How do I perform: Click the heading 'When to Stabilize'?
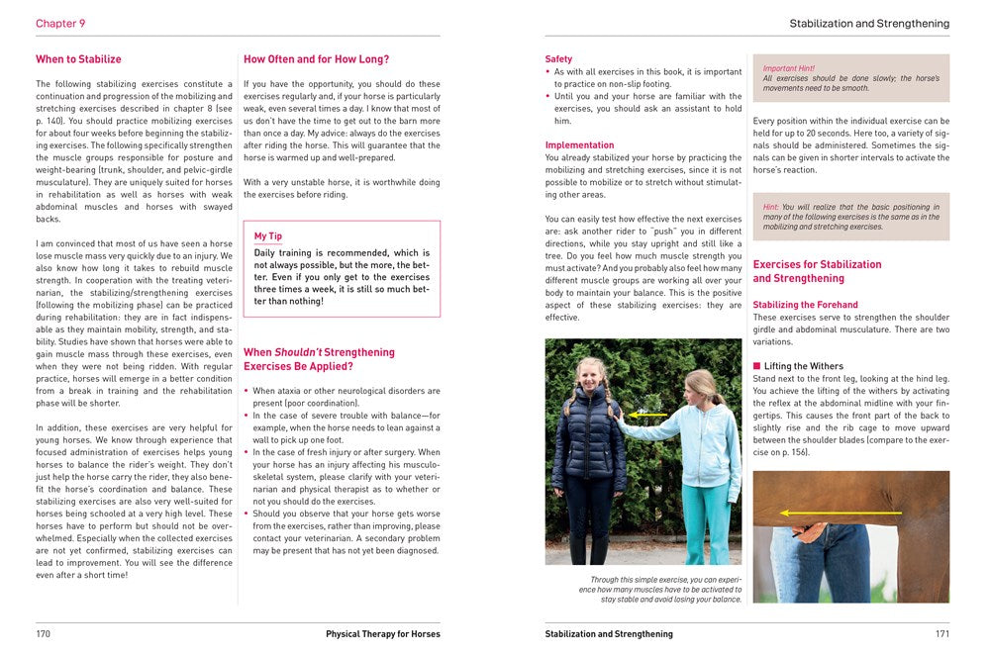point(78,59)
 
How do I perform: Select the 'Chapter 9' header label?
point(60,23)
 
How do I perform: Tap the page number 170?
point(43,634)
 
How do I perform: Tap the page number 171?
point(941,634)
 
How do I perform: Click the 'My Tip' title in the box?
point(268,237)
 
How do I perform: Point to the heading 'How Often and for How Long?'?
point(316,59)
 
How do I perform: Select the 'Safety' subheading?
point(558,59)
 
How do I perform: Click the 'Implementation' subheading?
point(580,145)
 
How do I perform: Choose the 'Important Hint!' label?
point(788,68)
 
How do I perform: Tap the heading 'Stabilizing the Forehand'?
point(805,305)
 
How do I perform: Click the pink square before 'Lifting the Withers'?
point(757,367)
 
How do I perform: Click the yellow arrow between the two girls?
point(649,414)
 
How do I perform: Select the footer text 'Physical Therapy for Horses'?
point(383,634)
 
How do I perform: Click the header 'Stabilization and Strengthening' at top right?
point(868,23)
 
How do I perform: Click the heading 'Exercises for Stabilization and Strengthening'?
point(817,271)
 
